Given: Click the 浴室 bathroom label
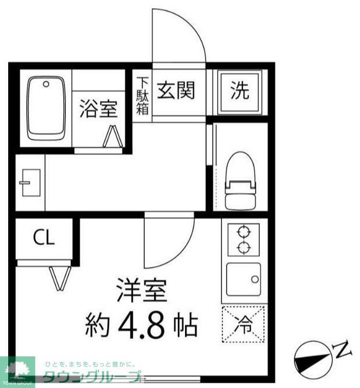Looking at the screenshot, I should click(98, 109).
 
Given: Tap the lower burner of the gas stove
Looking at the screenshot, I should click(243, 248).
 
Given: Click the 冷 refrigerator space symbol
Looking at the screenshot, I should click(244, 322).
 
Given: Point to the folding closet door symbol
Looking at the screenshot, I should click(59, 278).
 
